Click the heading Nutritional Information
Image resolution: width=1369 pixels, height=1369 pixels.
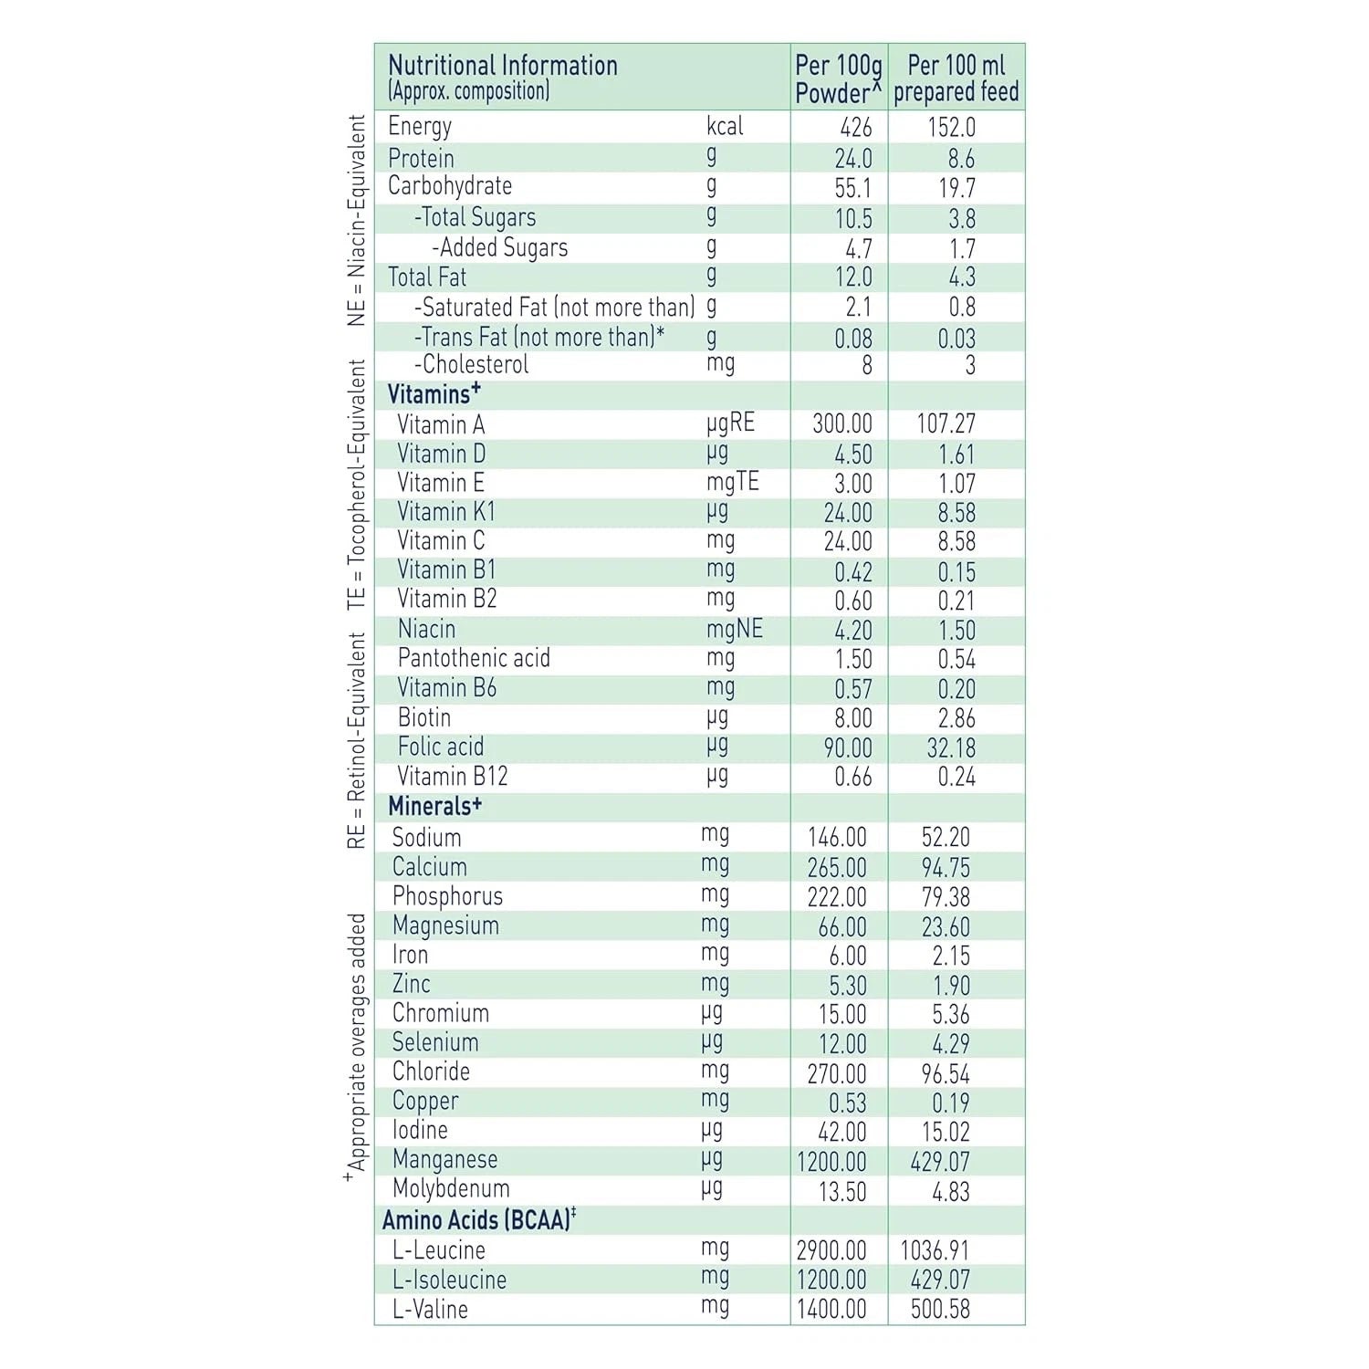[x=503, y=66]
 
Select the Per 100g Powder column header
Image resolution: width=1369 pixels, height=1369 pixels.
[x=839, y=79]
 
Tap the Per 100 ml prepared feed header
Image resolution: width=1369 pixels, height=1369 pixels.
[x=956, y=79]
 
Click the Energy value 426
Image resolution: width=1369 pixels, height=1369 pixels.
[x=856, y=128]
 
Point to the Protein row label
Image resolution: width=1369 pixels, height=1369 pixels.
[x=421, y=158]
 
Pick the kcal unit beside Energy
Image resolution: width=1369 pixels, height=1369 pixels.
[x=725, y=126]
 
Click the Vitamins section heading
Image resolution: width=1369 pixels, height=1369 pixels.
[x=434, y=394]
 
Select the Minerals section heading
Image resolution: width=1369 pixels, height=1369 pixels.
[x=434, y=807]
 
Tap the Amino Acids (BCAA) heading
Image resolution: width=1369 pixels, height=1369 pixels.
[x=479, y=1220]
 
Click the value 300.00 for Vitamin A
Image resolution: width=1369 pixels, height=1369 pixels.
[x=842, y=424]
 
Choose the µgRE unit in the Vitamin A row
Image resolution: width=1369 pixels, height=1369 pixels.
[x=730, y=423]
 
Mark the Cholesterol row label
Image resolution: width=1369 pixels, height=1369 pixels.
[x=472, y=365]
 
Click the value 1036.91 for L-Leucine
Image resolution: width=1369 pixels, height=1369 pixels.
[x=935, y=1250]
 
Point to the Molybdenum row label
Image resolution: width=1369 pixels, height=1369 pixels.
[x=451, y=1189]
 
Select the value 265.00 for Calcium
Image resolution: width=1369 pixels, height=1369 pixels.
[x=837, y=868]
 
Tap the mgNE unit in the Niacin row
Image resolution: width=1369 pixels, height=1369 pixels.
[x=734, y=629]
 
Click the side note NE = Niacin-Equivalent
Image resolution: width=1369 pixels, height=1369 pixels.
[x=356, y=220]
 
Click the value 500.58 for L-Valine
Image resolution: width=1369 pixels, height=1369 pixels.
[x=940, y=1310]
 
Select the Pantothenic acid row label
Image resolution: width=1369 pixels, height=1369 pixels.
[x=474, y=659]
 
